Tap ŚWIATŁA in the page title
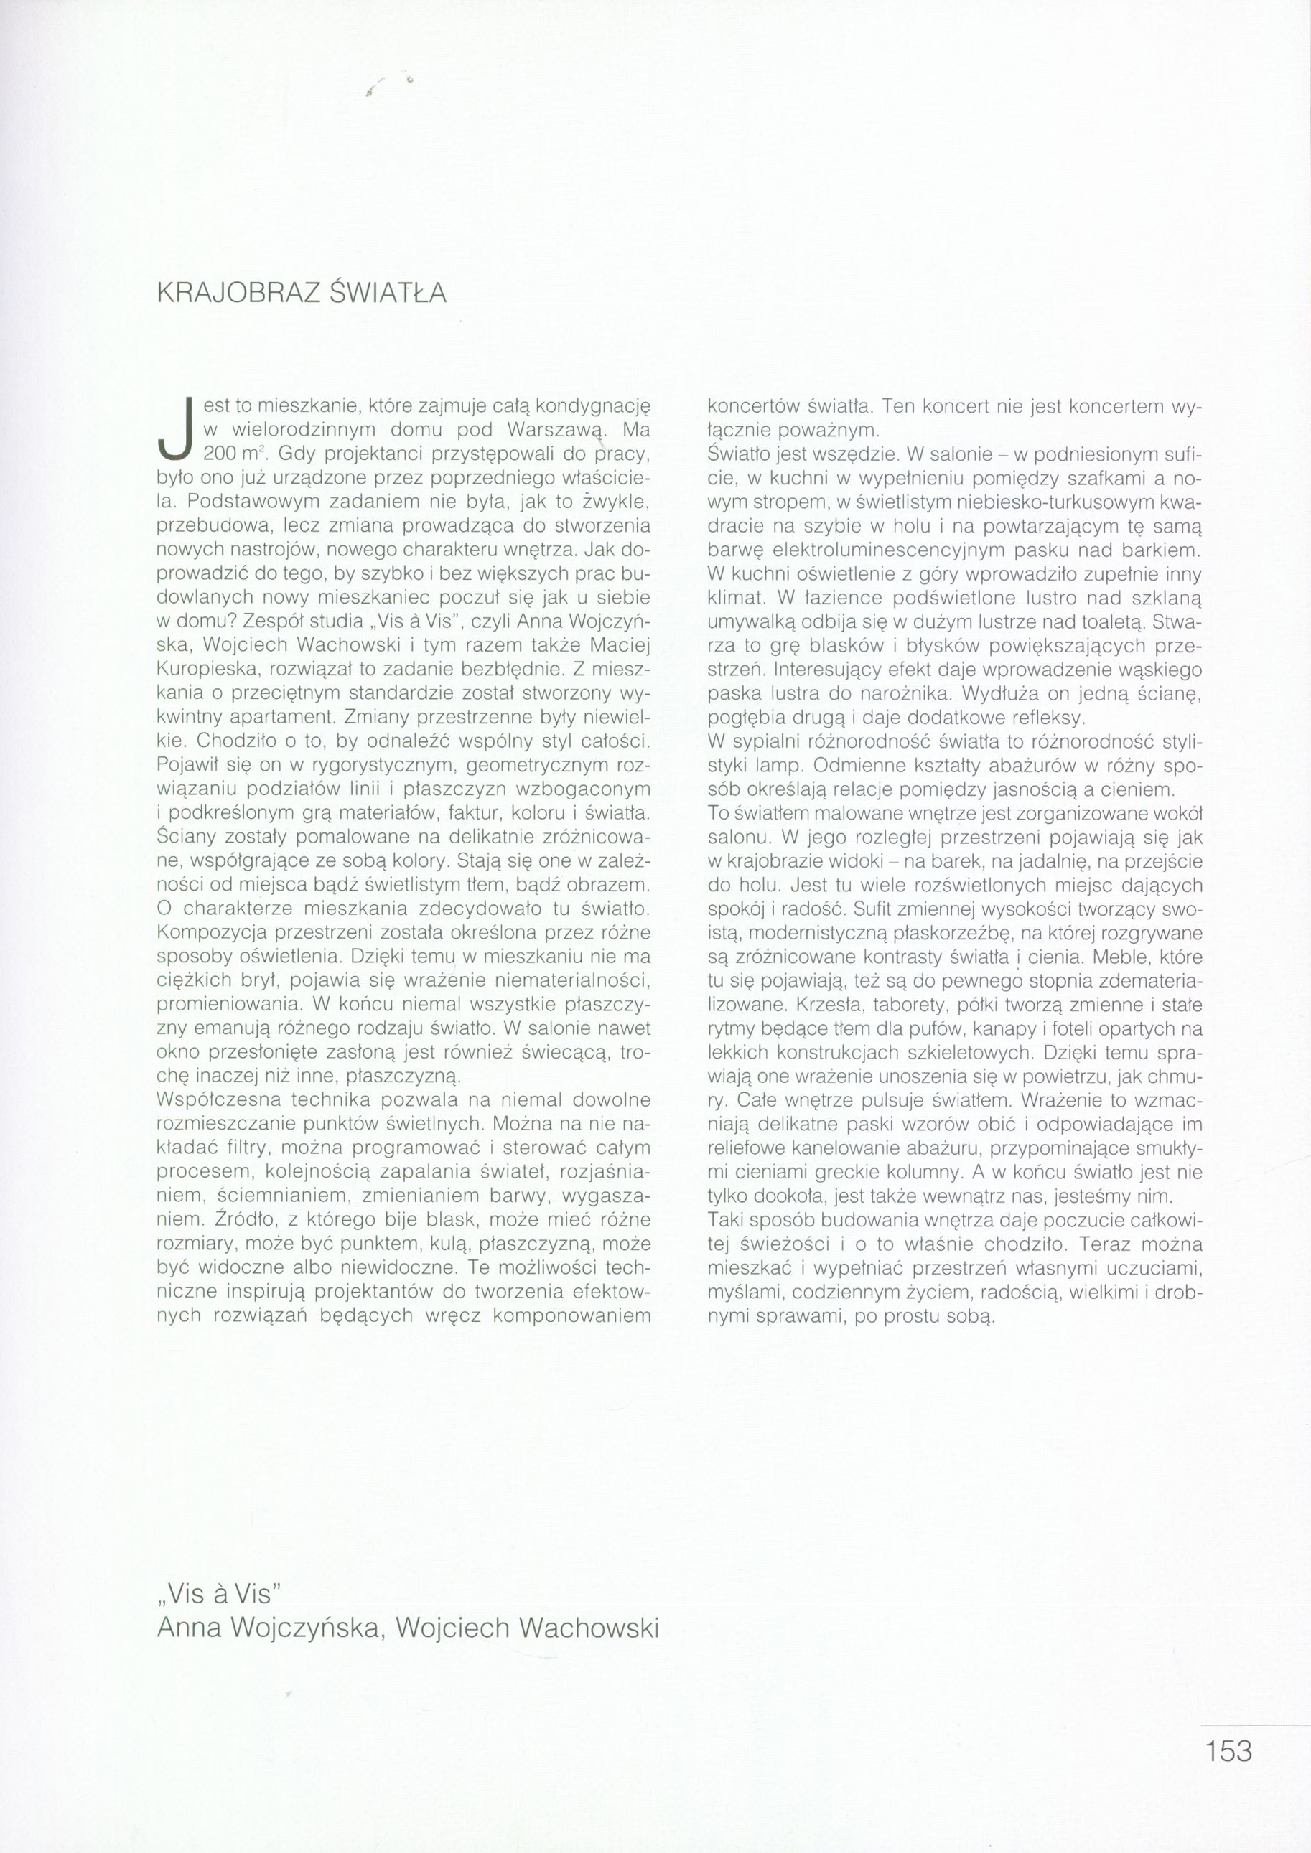pyautogui.click(x=389, y=293)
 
